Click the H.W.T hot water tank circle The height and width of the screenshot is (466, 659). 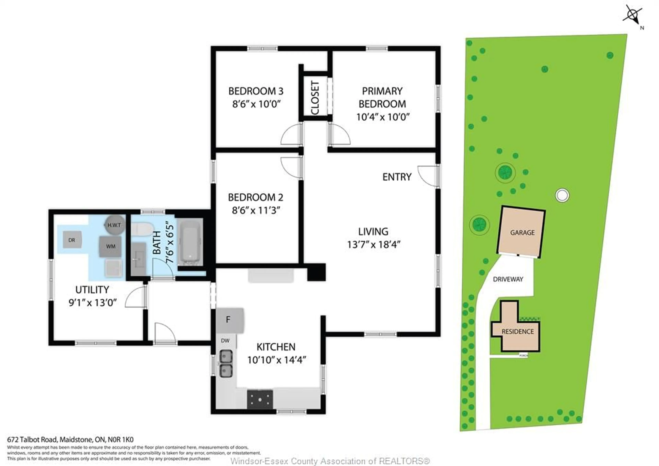tap(114, 225)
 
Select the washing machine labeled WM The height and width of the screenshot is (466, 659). tap(111, 246)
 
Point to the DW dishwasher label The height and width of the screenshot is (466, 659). tap(225, 341)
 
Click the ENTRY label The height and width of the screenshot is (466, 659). tap(397, 177)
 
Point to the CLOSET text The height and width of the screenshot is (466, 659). tap(315, 98)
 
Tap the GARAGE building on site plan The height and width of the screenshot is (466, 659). tap(522, 232)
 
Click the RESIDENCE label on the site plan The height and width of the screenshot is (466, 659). tap(517, 331)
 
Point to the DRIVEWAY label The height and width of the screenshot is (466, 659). tap(508, 279)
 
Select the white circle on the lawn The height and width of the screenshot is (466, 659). tap(562, 195)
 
